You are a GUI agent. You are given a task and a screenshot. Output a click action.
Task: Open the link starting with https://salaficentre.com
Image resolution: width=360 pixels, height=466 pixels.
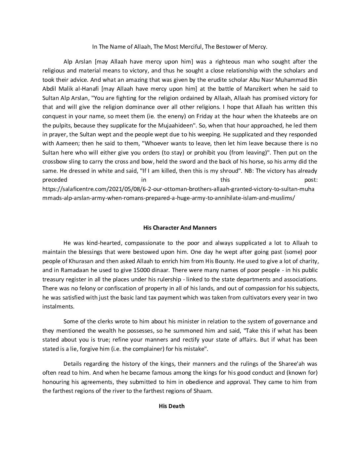(178, 189)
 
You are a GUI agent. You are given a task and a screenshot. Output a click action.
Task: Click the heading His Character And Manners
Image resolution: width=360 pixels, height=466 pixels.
(180, 228)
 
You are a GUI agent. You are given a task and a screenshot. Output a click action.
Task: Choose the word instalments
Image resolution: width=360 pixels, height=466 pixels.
(58, 306)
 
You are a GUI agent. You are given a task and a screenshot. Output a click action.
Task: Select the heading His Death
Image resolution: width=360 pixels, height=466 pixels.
(171, 406)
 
